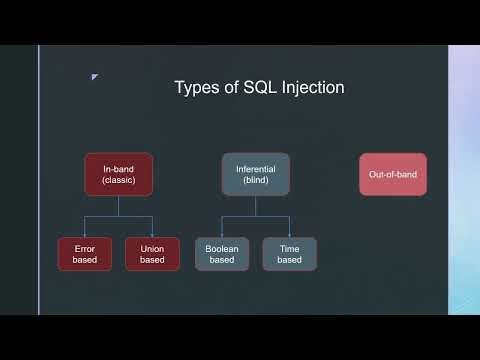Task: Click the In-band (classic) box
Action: click(118, 175)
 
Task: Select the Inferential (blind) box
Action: click(255, 175)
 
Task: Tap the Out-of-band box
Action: click(392, 175)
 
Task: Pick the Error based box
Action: click(84, 254)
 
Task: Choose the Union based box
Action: click(152, 254)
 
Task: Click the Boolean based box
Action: click(221, 254)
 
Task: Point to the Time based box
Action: click(289, 254)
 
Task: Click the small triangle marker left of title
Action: click(94, 76)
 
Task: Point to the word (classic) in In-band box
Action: click(118, 181)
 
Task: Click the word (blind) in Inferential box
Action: click(255, 181)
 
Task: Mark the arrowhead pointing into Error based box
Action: click(84, 234)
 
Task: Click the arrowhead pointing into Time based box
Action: click(289, 234)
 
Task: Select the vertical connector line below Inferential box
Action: click(255, 206)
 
